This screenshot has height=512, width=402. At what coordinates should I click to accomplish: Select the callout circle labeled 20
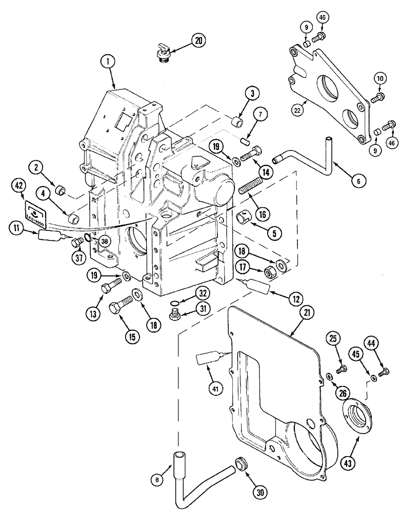point(197,41)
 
